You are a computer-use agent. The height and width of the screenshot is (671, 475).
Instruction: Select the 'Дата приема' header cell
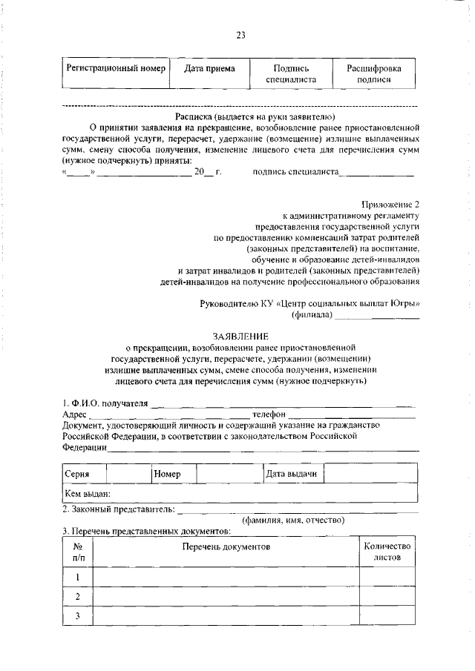click(x=210, y=69)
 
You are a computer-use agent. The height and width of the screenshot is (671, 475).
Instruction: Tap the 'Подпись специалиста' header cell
click(x=291, y=74)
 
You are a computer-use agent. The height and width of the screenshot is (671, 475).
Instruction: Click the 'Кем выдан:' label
click(x=88, y=493)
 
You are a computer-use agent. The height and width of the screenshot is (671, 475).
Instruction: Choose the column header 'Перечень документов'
click(x=226, y=546)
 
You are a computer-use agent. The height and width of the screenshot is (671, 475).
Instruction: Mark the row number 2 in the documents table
click(x=77, y=597)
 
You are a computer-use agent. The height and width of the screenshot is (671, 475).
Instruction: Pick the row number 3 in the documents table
click(x=77, y=617)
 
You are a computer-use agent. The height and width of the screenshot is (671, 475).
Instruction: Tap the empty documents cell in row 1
click(x=226, y=576)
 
